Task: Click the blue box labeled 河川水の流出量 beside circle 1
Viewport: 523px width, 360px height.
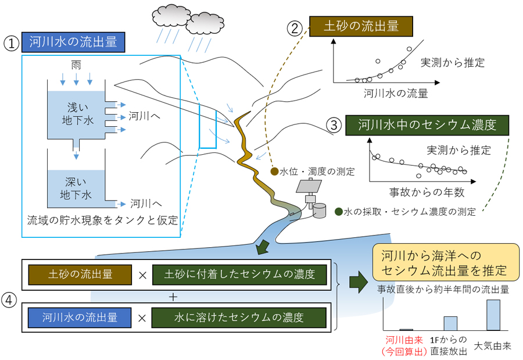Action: (73, 42)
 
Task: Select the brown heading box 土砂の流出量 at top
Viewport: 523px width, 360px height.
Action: (361, 27)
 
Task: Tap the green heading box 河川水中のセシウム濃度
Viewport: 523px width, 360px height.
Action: (427, 126)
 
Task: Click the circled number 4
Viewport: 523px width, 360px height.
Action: (9, 300)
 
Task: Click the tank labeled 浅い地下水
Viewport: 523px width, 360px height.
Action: (76, 113)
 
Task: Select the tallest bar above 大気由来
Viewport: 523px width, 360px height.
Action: (493, 315)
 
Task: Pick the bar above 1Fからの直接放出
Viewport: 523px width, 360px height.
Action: (450, 323)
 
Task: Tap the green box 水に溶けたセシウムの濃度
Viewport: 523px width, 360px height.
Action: (239, 318)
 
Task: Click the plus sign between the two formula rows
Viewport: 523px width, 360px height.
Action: (172, 297)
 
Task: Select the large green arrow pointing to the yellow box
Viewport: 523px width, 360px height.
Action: (357, 282)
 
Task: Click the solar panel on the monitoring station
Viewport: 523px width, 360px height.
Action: (308, 186)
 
